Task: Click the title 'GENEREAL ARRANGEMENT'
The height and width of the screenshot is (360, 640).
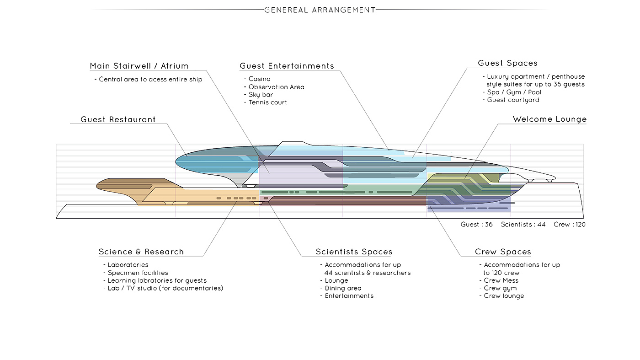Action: click(320, 10)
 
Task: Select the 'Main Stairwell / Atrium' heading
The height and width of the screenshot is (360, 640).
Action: click(139, 66)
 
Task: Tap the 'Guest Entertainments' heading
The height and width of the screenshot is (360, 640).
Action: click(287, 66)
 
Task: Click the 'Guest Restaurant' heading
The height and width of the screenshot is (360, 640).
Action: click(118, 119)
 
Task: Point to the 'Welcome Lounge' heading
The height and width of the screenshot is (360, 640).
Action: click(549, 119)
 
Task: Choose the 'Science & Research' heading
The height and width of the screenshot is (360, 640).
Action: click(141, 252)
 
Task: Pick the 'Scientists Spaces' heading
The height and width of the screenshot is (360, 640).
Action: click(354, 252)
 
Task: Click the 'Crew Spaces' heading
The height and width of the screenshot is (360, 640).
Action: click(503, 252)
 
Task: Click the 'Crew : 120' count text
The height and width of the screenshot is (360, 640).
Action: click(570, 225)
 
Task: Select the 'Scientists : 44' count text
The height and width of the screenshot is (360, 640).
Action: click(523, 225)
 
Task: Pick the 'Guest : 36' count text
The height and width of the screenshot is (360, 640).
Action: click(476, 225)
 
